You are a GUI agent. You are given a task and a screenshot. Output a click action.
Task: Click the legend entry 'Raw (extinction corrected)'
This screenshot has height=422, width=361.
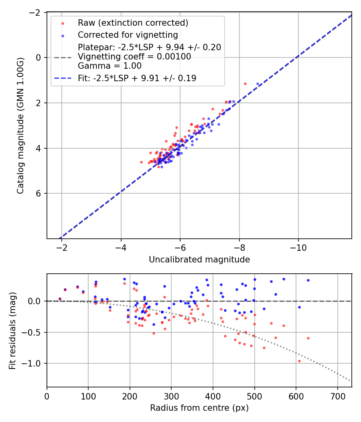tap(133, 23)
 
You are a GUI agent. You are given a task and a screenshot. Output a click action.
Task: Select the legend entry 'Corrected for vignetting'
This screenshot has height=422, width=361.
tap(128, 35)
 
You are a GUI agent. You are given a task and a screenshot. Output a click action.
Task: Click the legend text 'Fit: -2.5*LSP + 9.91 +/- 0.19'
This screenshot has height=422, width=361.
tap(137, 78)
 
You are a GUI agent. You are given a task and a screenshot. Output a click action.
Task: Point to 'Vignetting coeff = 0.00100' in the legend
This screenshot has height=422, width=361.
tap(134, 57)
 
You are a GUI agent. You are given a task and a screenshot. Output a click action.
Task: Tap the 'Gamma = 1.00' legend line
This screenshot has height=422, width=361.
tap(110, 66)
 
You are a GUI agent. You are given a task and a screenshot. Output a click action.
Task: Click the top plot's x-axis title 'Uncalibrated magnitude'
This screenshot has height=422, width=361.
tap(199, 260)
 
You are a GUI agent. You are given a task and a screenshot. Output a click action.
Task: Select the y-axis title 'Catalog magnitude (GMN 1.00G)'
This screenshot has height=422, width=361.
tap(20, 126)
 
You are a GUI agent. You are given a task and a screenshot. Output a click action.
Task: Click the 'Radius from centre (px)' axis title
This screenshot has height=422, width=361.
tap(199, 408)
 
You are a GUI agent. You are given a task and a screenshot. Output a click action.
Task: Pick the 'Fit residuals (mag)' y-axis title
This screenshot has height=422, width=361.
tap(12, 330)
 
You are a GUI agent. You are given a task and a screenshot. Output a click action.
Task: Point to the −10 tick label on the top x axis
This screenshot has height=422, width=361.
tap(298, 247)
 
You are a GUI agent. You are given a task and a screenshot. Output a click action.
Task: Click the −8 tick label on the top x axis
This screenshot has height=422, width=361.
tap(239, 247)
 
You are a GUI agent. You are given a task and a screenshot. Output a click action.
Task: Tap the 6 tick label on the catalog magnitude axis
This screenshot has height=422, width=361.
tap(39, 193)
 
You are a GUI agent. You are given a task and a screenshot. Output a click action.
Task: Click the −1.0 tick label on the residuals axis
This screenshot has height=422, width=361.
tap(35, 363)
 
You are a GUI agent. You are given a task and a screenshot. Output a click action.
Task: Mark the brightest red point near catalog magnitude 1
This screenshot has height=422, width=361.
tap(245, 84)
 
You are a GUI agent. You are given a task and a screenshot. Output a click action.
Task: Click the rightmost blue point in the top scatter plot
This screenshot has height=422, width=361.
tap(258, 84)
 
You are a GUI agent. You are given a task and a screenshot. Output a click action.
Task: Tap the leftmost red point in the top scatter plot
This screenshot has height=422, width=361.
tap(141, 162)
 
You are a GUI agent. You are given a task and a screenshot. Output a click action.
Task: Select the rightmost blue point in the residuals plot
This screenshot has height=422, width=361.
tap(308, 280)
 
